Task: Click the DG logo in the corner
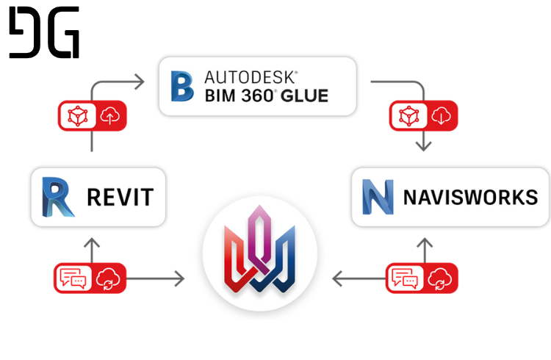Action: click(44, 32)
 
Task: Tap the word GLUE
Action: click(304, 96)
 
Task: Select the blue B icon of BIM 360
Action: click(182, 86)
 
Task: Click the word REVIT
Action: click(120, 197)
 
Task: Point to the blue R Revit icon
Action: click(57, 197)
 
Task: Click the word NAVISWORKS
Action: click(470, 197)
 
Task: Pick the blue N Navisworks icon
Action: click(378, 197)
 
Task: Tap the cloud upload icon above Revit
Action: click(110, 115)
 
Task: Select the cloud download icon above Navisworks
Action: click(442, 115)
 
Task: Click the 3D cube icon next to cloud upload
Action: click(78, 115)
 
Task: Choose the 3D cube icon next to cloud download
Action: click(409, 115)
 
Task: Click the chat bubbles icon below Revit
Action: click(73, 278)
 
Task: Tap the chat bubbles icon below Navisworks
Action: click(405, 278)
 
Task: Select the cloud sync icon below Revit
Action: click(108, 278)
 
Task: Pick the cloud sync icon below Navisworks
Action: click(440, 278)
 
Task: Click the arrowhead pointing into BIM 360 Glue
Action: click(140, 82)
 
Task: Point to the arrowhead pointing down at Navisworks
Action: click(423, 146)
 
